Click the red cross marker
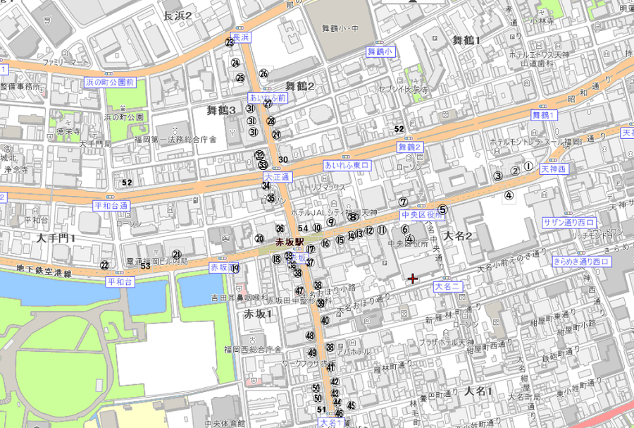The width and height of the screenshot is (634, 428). click(x=413, y=279)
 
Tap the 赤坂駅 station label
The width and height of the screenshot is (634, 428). click(x=289, y=241)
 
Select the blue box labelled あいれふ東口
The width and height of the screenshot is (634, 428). click(x=347, y=165)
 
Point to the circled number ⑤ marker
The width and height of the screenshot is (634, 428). click(x=442, y=209)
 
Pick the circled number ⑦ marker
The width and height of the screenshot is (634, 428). click(x=403, y=202)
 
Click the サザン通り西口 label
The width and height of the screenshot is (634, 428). click(x=568, y=222)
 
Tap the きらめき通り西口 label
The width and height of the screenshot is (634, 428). click(x=581, y=262)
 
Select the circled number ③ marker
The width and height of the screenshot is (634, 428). click(x=497, y=176)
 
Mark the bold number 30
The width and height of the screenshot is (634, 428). click(x=283, y=159)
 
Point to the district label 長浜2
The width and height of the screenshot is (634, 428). click(x=178, y=15)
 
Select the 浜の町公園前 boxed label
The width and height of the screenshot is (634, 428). click(x=109, y=82)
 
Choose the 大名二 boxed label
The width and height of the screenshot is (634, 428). click(x=447, y=286)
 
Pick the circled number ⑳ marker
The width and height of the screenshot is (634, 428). click(x=259, y=239)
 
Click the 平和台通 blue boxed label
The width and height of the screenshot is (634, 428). click(x=111, y=206)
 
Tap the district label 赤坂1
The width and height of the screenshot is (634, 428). click(x=258, y=314)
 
